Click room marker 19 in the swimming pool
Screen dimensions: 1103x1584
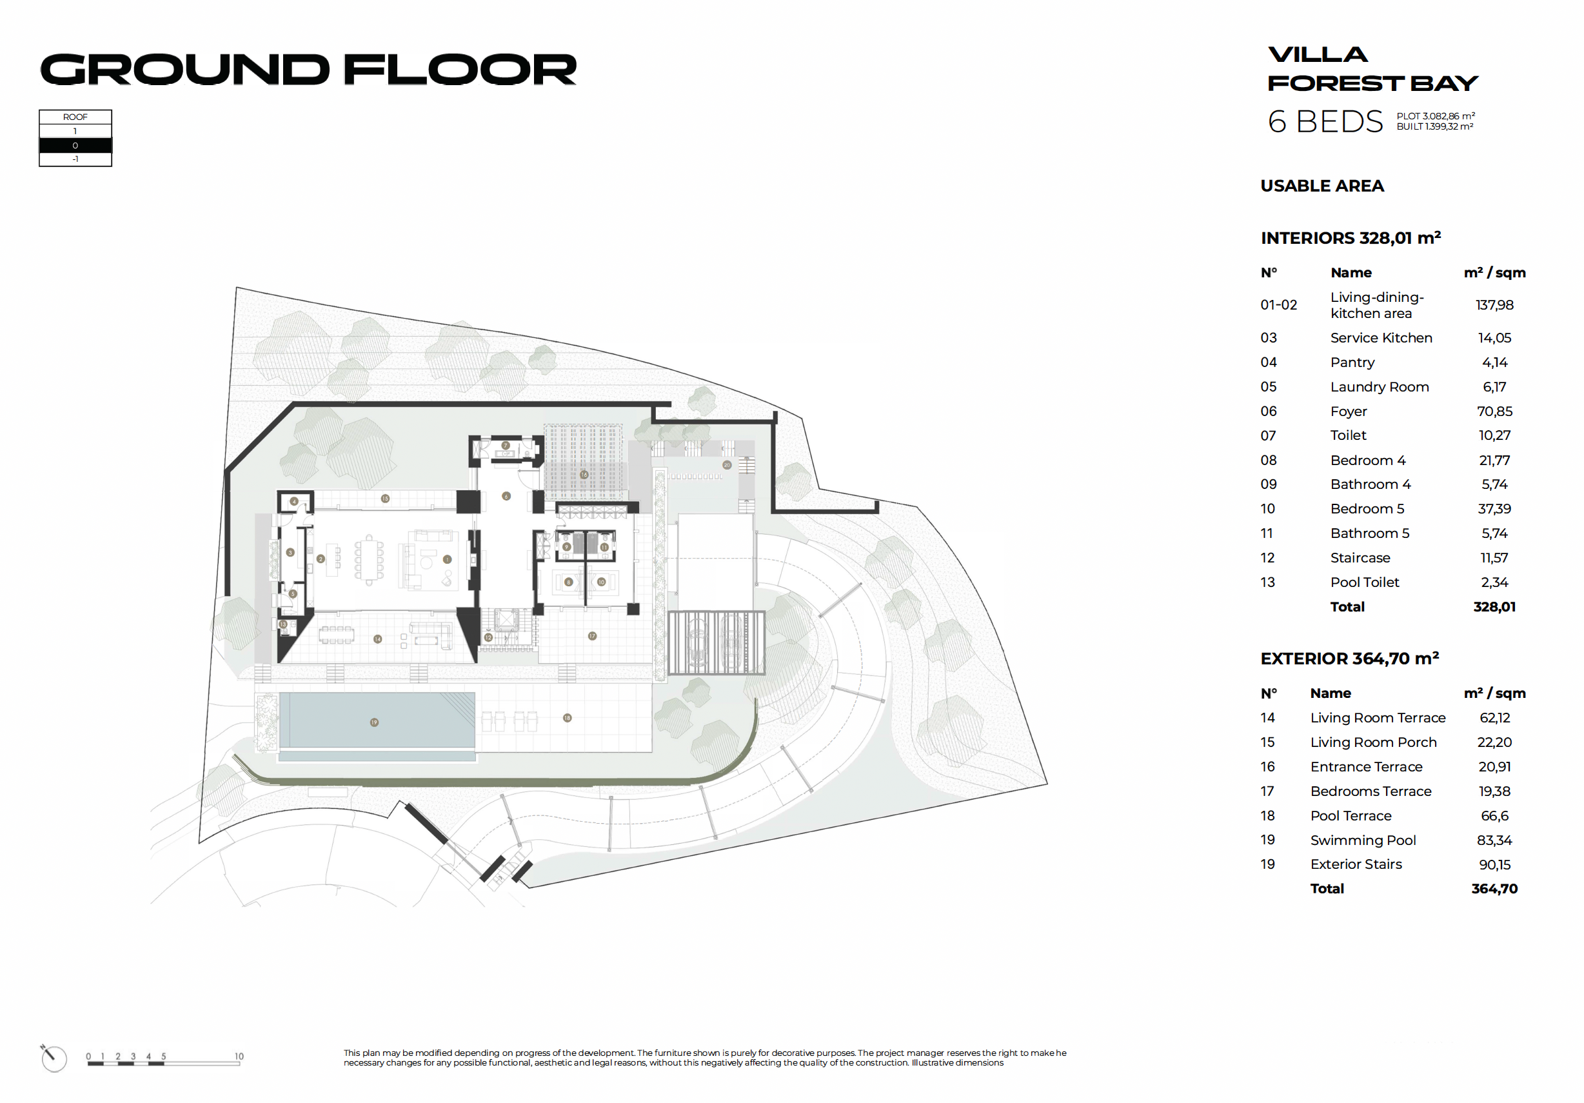[x=374, y=722]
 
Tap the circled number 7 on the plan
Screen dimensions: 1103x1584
[x=506, y=446]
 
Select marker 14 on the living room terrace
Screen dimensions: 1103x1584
[x=377, y=639]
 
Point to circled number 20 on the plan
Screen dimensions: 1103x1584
[x=726, y=465]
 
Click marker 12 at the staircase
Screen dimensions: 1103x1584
[x=488, y=637]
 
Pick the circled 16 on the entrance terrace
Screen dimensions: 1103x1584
[x=584, y=475]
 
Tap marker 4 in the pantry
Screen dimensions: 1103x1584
[x=294, y=501]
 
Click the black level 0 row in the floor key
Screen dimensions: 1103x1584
[x=75, y=146]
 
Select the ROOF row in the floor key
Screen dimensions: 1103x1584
[x=75, y=117]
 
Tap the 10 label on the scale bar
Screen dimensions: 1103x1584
[x=239, y=1056]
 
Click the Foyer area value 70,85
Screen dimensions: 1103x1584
[x=1494, y=411]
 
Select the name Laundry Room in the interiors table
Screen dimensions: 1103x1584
[x=1379, y=387]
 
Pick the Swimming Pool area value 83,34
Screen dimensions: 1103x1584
[x=1494, y=840]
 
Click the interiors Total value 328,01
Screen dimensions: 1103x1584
[x=1494, y=607]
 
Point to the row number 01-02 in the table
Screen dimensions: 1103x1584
[x=1278, y=305]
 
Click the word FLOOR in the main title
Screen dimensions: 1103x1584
[x=459, y=70]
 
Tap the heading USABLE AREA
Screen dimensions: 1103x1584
[x=1322, y=186]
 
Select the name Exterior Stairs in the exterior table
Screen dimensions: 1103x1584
[x=1356, y=864]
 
